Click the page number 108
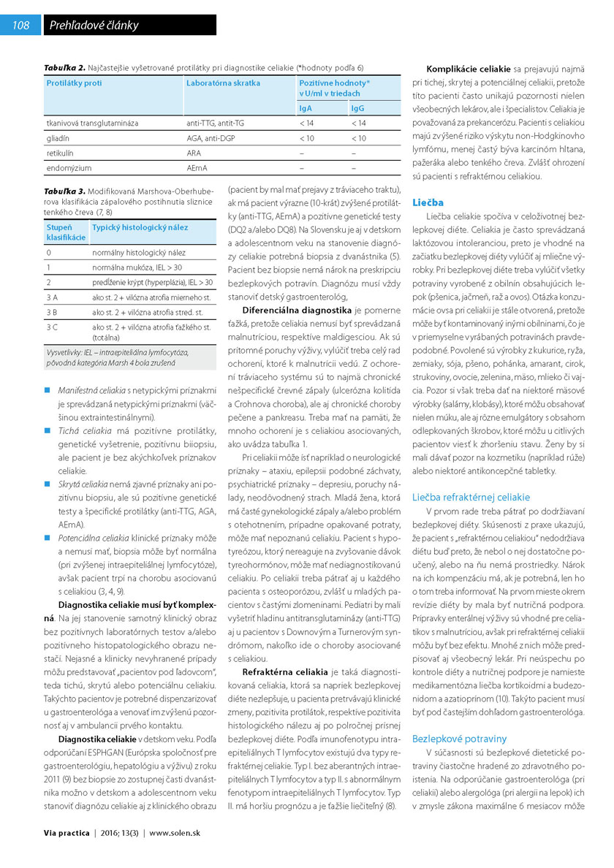click(21, 26)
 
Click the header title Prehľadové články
click(94, 26)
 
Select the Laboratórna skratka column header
click(223, 83)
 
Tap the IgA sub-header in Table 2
click(306, 108)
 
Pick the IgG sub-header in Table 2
click(357, 108)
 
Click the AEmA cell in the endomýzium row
click(197, 167)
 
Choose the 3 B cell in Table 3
click(53, 312)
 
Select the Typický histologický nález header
click(139, 228)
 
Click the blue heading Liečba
click(428, 202)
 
